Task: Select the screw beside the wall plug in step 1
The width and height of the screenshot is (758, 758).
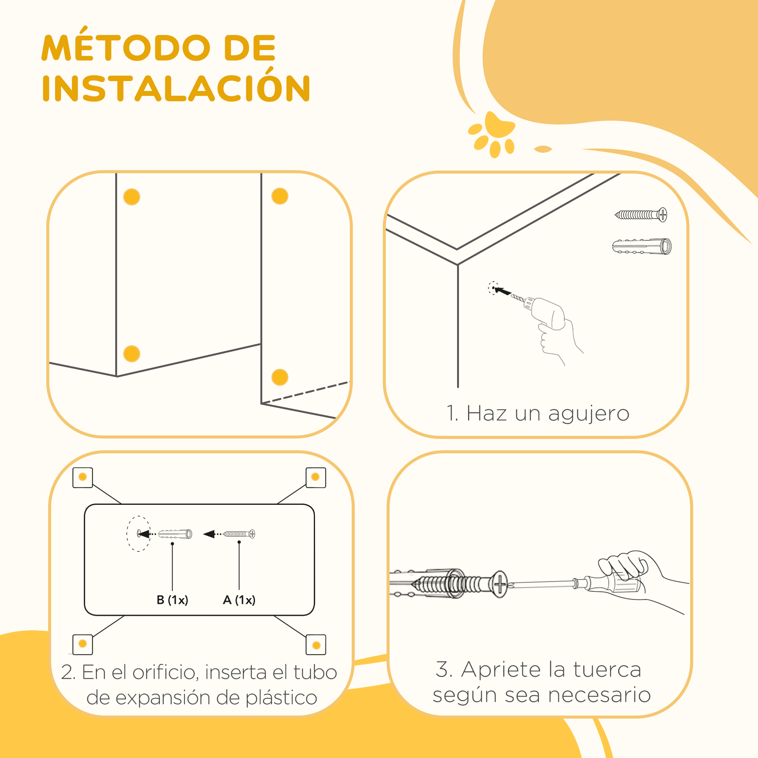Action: coord(641,215)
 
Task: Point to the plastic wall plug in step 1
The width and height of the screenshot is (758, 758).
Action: coord(642,246)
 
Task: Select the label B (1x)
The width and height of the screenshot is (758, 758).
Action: coord(172,600)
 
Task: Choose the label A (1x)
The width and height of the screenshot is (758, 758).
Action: coord(239,600)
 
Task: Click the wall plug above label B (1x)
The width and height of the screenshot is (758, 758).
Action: coord(175,534)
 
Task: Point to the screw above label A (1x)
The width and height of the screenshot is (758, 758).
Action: coord(239,534)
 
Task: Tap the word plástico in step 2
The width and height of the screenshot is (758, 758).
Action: coord(281,699)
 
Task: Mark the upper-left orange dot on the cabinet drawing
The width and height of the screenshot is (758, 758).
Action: coord(132,197)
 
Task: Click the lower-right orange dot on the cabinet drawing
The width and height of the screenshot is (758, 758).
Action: coord(280,377)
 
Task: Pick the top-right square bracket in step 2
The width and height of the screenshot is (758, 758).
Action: coord(316,478)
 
